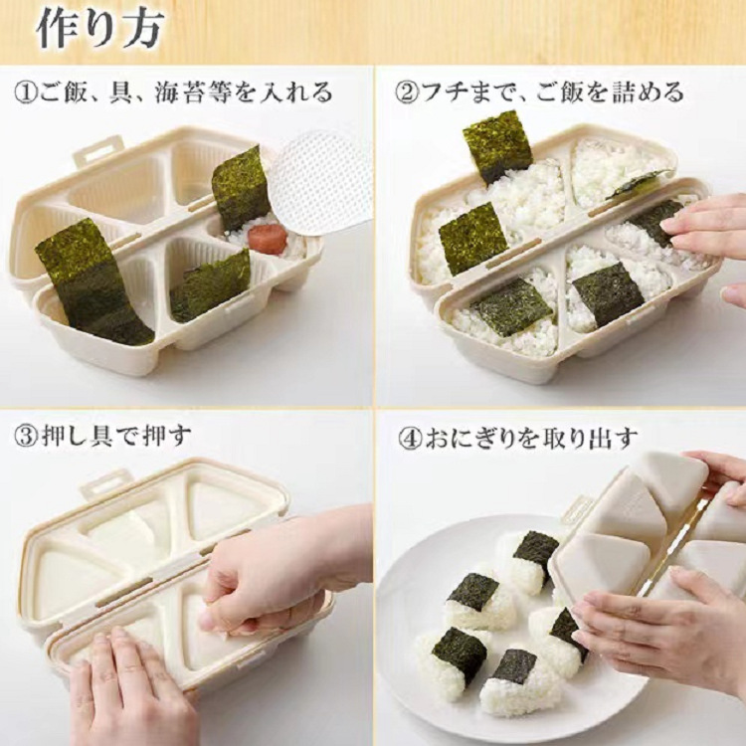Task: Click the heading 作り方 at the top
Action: click(x=99, y=28)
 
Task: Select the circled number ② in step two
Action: click(x=407, y=93)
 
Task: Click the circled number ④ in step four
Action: click(x=407, y=437)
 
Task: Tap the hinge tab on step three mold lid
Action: click(x=106, y=483)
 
